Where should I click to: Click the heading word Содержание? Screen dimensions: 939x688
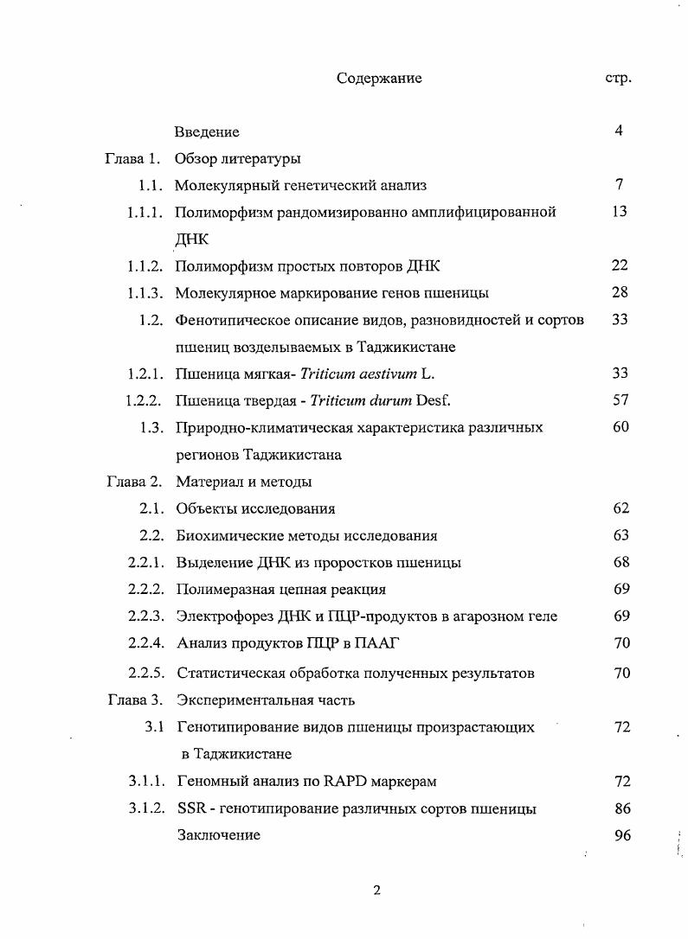[379, 79]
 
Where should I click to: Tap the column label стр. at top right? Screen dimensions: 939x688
[618, 79]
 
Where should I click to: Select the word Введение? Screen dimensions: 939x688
[207, 132]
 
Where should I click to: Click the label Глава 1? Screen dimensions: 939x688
[132, 159]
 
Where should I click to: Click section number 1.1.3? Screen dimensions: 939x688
[145, 293]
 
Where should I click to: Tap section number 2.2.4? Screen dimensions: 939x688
[145, 643]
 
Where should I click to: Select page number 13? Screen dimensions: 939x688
[620, 212]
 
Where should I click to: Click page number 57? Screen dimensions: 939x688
[620, 400]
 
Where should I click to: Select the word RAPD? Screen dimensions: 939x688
[346, 782]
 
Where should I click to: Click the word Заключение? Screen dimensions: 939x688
[219, 836]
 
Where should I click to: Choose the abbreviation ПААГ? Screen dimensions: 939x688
[376, 643]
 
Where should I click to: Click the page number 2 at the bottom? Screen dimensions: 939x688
[376, 891]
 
